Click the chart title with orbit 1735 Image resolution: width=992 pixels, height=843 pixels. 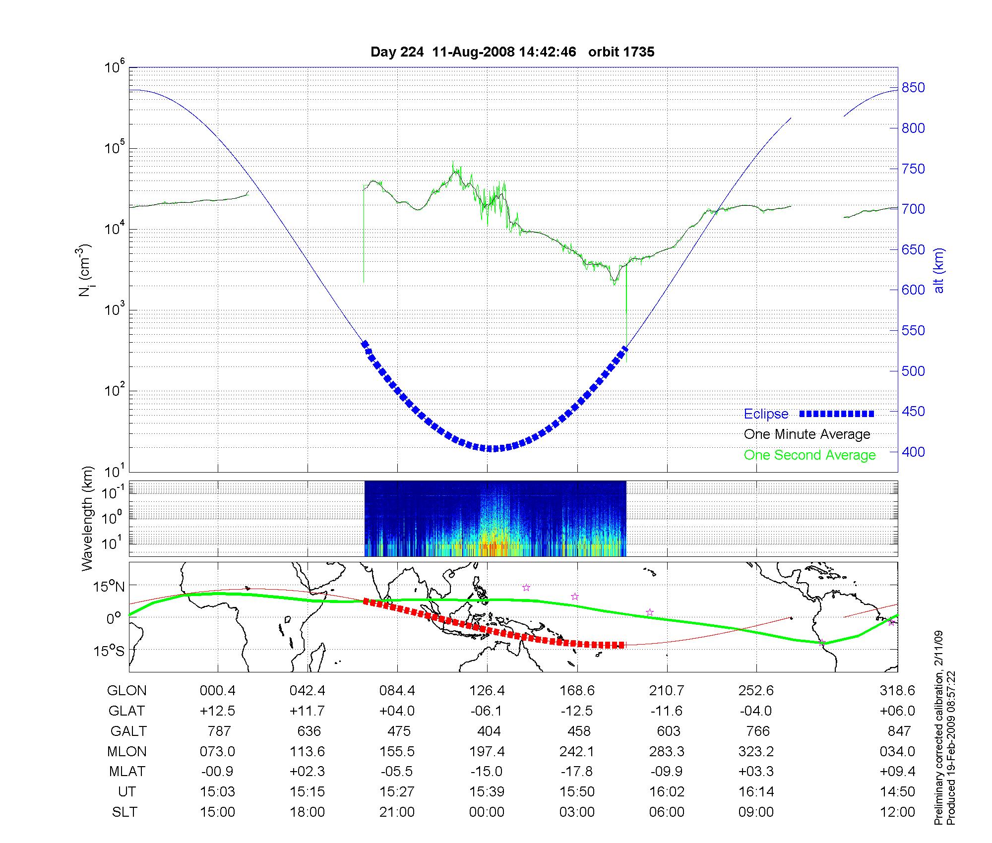(512, 52)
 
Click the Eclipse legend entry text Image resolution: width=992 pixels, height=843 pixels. (766, 414)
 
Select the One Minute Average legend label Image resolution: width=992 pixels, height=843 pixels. (807, 434)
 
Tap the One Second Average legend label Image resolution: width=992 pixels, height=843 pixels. (809, 455)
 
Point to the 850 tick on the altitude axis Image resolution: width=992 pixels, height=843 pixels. (913, 88)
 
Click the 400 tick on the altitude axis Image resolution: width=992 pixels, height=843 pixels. (913, 452)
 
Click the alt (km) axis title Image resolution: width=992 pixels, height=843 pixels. (938, 270)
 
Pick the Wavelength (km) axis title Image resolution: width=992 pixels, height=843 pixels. (88, 519)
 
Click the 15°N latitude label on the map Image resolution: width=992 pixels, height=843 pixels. (109, 587)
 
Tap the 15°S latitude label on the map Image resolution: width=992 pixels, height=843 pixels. (109, 651)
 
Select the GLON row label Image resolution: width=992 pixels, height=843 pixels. (127, 691)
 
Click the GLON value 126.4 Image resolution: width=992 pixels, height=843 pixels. (487, 691)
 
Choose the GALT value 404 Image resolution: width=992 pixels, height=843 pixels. (489, 731)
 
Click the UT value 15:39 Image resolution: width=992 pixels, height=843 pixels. (487, 792)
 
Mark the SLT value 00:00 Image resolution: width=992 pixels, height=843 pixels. (487, 812)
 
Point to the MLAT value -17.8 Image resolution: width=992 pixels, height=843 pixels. (576, 772)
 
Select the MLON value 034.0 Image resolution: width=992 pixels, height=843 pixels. (897, 752)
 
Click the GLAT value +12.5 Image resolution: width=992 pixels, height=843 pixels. (217, 711)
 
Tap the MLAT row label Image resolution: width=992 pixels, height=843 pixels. (127, 772)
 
